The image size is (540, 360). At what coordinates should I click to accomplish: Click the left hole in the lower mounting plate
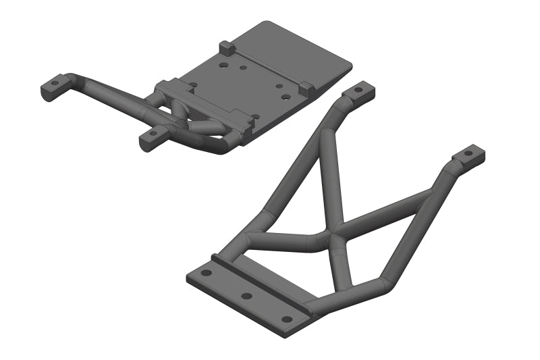[x=206, y=273]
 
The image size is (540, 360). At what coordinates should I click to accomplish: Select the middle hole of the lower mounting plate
[x=246, y=296]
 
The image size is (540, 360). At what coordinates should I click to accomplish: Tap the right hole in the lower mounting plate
[x=287, y=318]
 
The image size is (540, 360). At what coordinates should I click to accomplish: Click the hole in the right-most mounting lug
[x=468, y=155]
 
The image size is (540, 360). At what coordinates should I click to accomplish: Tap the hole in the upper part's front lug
[x=153, y=134]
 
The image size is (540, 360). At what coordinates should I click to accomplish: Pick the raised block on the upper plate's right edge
[x=306, y=87]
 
